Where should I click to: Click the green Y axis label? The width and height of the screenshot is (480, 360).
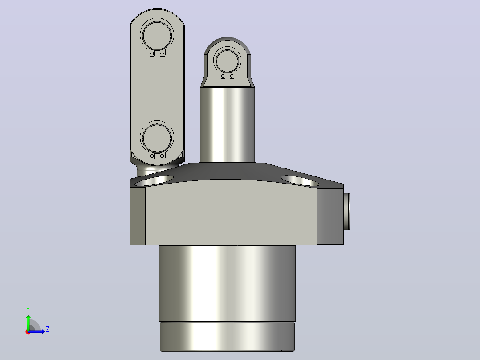(x=28, y=310)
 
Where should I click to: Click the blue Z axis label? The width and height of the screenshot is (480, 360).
(x=48, y=329)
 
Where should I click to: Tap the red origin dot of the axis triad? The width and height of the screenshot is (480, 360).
(x=28, y=332)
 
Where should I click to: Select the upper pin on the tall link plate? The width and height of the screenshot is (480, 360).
(x=157, y=35)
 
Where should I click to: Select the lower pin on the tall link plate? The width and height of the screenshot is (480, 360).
(x=157, y=138)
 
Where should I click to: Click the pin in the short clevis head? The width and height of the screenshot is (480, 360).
(x=227, y=61)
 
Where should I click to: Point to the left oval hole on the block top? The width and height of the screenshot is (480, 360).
(x=154, y=180)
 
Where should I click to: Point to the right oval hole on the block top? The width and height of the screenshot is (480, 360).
(x=300, y=180)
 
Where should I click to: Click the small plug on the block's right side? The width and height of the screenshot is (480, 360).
(x=347, y=211)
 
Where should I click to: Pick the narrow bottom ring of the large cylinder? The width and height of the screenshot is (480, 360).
(x=227, y=336)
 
